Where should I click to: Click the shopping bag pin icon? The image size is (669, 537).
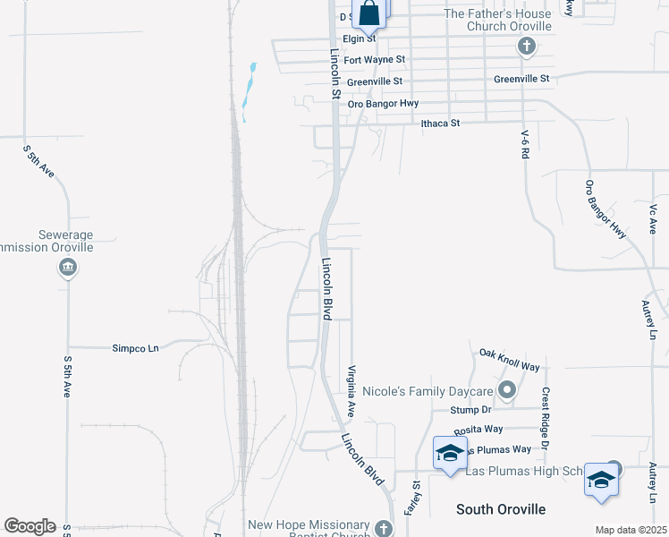coord(369,13)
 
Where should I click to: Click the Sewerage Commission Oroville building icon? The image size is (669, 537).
coord(67,267)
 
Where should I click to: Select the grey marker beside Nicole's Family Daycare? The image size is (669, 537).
coord(507,389)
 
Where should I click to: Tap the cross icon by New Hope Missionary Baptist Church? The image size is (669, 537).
coord(383,528)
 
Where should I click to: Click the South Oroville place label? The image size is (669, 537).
coord(500,509)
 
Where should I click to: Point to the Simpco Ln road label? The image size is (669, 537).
coord(135,347)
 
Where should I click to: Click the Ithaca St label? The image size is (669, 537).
coord(440,123)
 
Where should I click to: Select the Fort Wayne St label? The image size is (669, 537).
coord(375,60)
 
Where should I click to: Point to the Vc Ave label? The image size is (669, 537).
coord(652,217)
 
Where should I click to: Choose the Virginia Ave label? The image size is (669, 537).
coord(352,391)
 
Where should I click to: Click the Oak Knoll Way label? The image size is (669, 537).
coord(510,360)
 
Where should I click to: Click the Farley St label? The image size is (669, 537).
coord(416,497)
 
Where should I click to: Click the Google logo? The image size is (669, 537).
coord(30,526)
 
